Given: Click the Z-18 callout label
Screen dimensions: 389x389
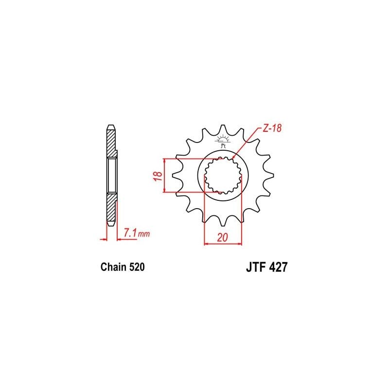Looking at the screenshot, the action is tap(272, 128).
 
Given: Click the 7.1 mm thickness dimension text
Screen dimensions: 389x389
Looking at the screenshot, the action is tap(137, 233).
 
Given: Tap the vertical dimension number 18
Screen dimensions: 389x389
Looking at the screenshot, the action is tap(159, 176).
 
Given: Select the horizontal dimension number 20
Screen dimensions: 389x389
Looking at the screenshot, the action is tap(222, 237).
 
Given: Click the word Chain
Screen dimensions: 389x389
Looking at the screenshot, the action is tap(113, 267).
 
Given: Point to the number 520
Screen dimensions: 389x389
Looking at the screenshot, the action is tap(137, 267).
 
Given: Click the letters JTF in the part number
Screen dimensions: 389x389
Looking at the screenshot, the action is tap(256, 267).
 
